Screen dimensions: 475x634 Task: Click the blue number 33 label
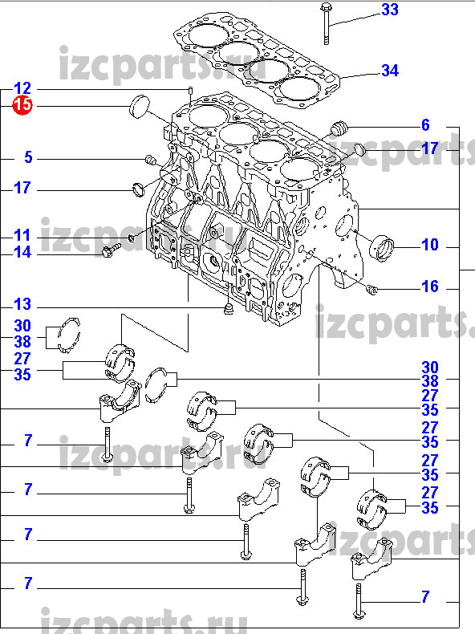point(390,10)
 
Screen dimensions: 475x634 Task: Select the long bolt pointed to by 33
point(326,23)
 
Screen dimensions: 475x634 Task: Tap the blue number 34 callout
point(390,71)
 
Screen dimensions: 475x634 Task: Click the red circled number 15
point(22,105)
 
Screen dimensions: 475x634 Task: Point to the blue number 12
point(22,88)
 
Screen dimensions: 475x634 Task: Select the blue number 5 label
point(28,156)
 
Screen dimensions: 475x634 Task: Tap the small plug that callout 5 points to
point(151,161)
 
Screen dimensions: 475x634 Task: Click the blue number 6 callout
point(425,125)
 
